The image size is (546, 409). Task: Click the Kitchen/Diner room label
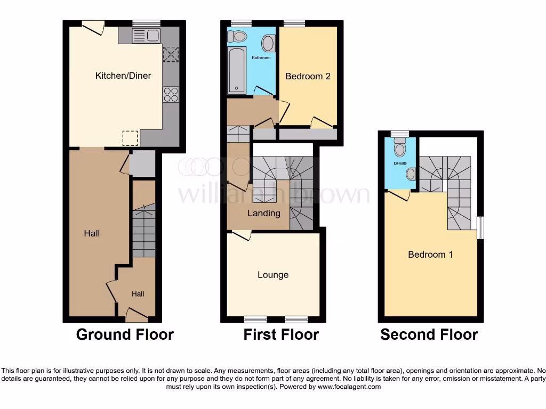[x=123, y=76]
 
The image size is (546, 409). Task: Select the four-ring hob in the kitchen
[x=171, y=94]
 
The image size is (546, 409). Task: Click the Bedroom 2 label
[x=308, y=76]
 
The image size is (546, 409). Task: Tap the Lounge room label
[x=273, y=275]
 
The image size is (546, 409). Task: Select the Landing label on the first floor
[x=264, y=213]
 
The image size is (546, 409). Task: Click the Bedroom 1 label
[x=430, y=255]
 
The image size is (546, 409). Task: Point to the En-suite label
[x=400, y=163]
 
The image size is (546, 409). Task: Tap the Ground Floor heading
[x=125, y=334]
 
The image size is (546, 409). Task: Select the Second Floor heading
[x=429, y=334]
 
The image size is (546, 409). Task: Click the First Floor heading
[x=281, y=334]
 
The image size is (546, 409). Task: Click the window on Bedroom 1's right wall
[x=480, y=227]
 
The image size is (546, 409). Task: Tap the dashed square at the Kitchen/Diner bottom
[x=131, y=138]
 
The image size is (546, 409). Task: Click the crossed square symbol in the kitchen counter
[x=171, y=54]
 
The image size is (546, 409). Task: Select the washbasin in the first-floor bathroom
[x=268, y=43]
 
